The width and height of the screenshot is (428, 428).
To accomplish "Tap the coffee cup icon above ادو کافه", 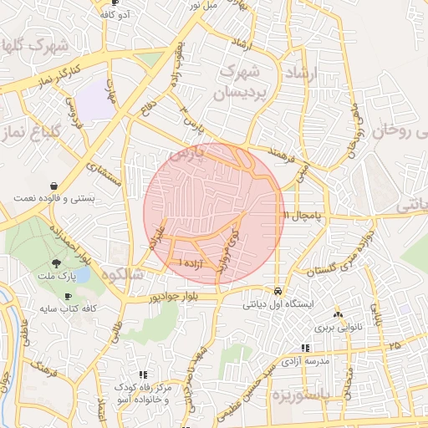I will [x=115, y=3].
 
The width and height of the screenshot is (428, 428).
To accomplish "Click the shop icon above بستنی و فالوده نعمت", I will [x=53, y=185].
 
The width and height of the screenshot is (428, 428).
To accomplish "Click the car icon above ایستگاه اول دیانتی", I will [x=277, y=292].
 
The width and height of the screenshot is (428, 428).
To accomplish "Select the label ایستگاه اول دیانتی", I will [x=278, y=304].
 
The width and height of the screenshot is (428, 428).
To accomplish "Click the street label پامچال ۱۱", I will [x=303, y=216].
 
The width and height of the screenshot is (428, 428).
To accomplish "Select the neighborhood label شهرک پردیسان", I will [x=247, y=85].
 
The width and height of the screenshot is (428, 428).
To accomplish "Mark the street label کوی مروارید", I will [x=227, y=252].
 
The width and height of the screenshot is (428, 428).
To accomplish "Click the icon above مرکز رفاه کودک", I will [x=143, y=374].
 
